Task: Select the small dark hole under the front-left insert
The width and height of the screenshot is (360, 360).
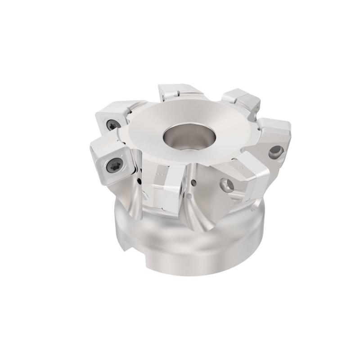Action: coord(140,182)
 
